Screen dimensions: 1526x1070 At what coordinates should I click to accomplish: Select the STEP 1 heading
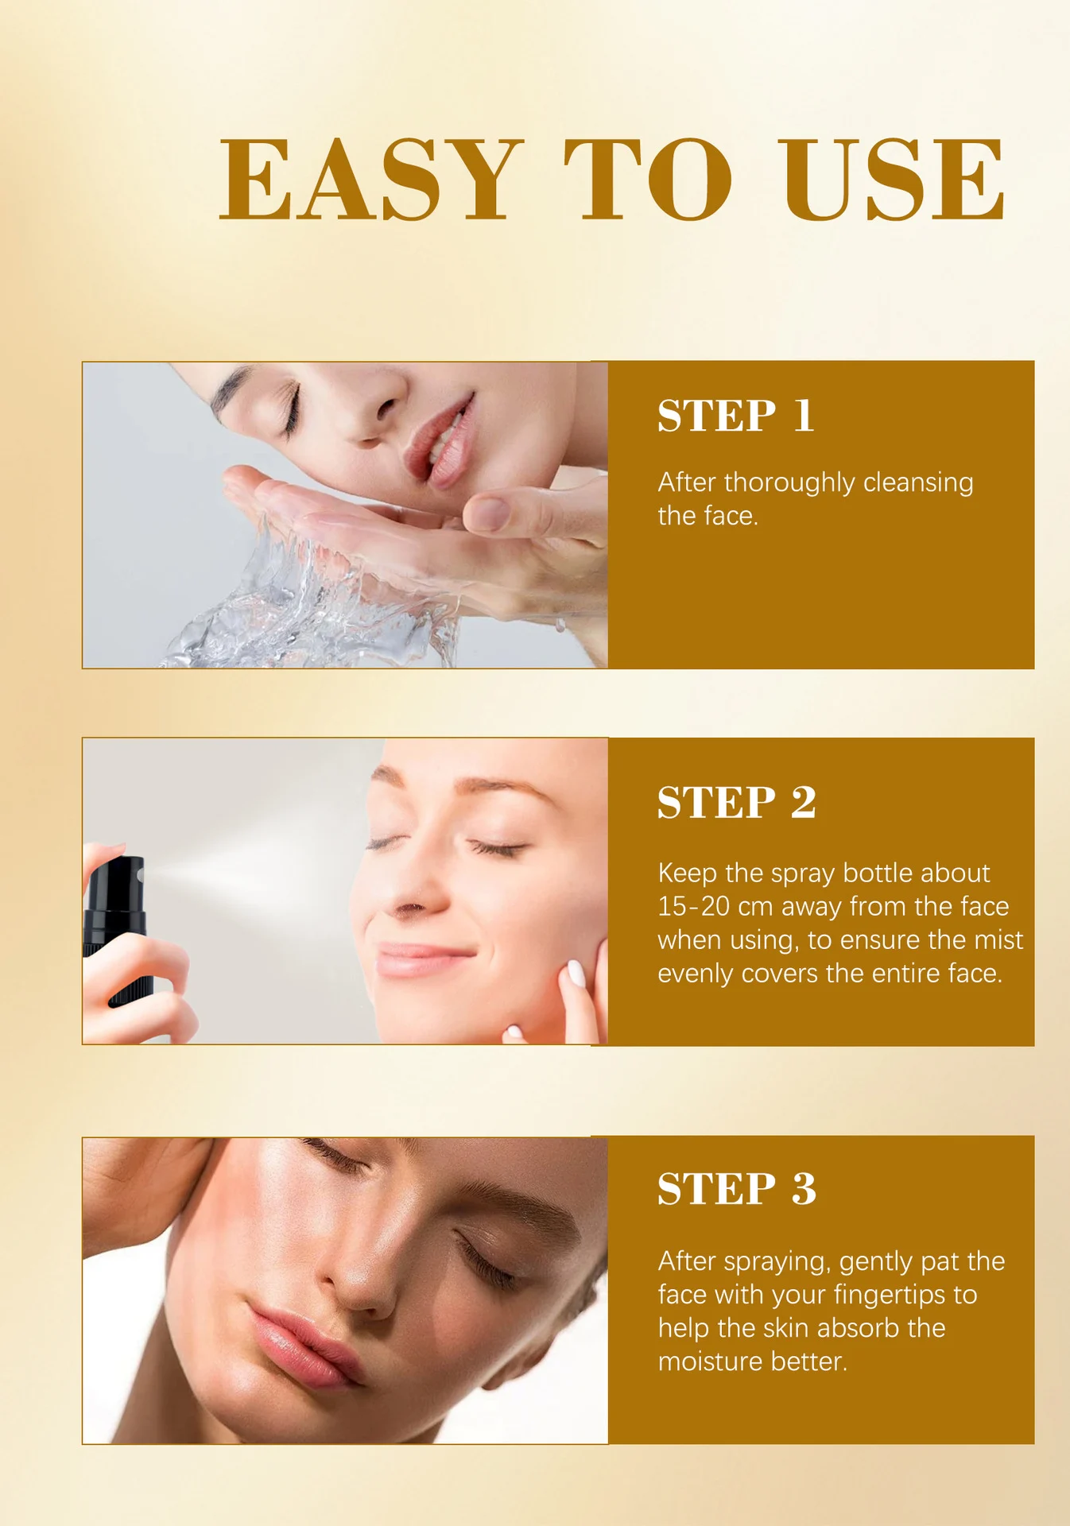coord(735,416)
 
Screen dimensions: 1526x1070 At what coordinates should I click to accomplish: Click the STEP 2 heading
coord(736,802)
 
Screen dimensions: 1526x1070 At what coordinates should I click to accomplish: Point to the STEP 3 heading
coord(736,1189)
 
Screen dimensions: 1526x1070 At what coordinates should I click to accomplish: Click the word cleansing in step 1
coord(917,482)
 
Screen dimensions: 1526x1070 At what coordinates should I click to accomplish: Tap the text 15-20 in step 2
coord(693,906)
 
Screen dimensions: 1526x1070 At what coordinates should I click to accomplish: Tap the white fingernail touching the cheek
coord(576,973)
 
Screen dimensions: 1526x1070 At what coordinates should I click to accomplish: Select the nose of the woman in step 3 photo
coord(362,1272)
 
